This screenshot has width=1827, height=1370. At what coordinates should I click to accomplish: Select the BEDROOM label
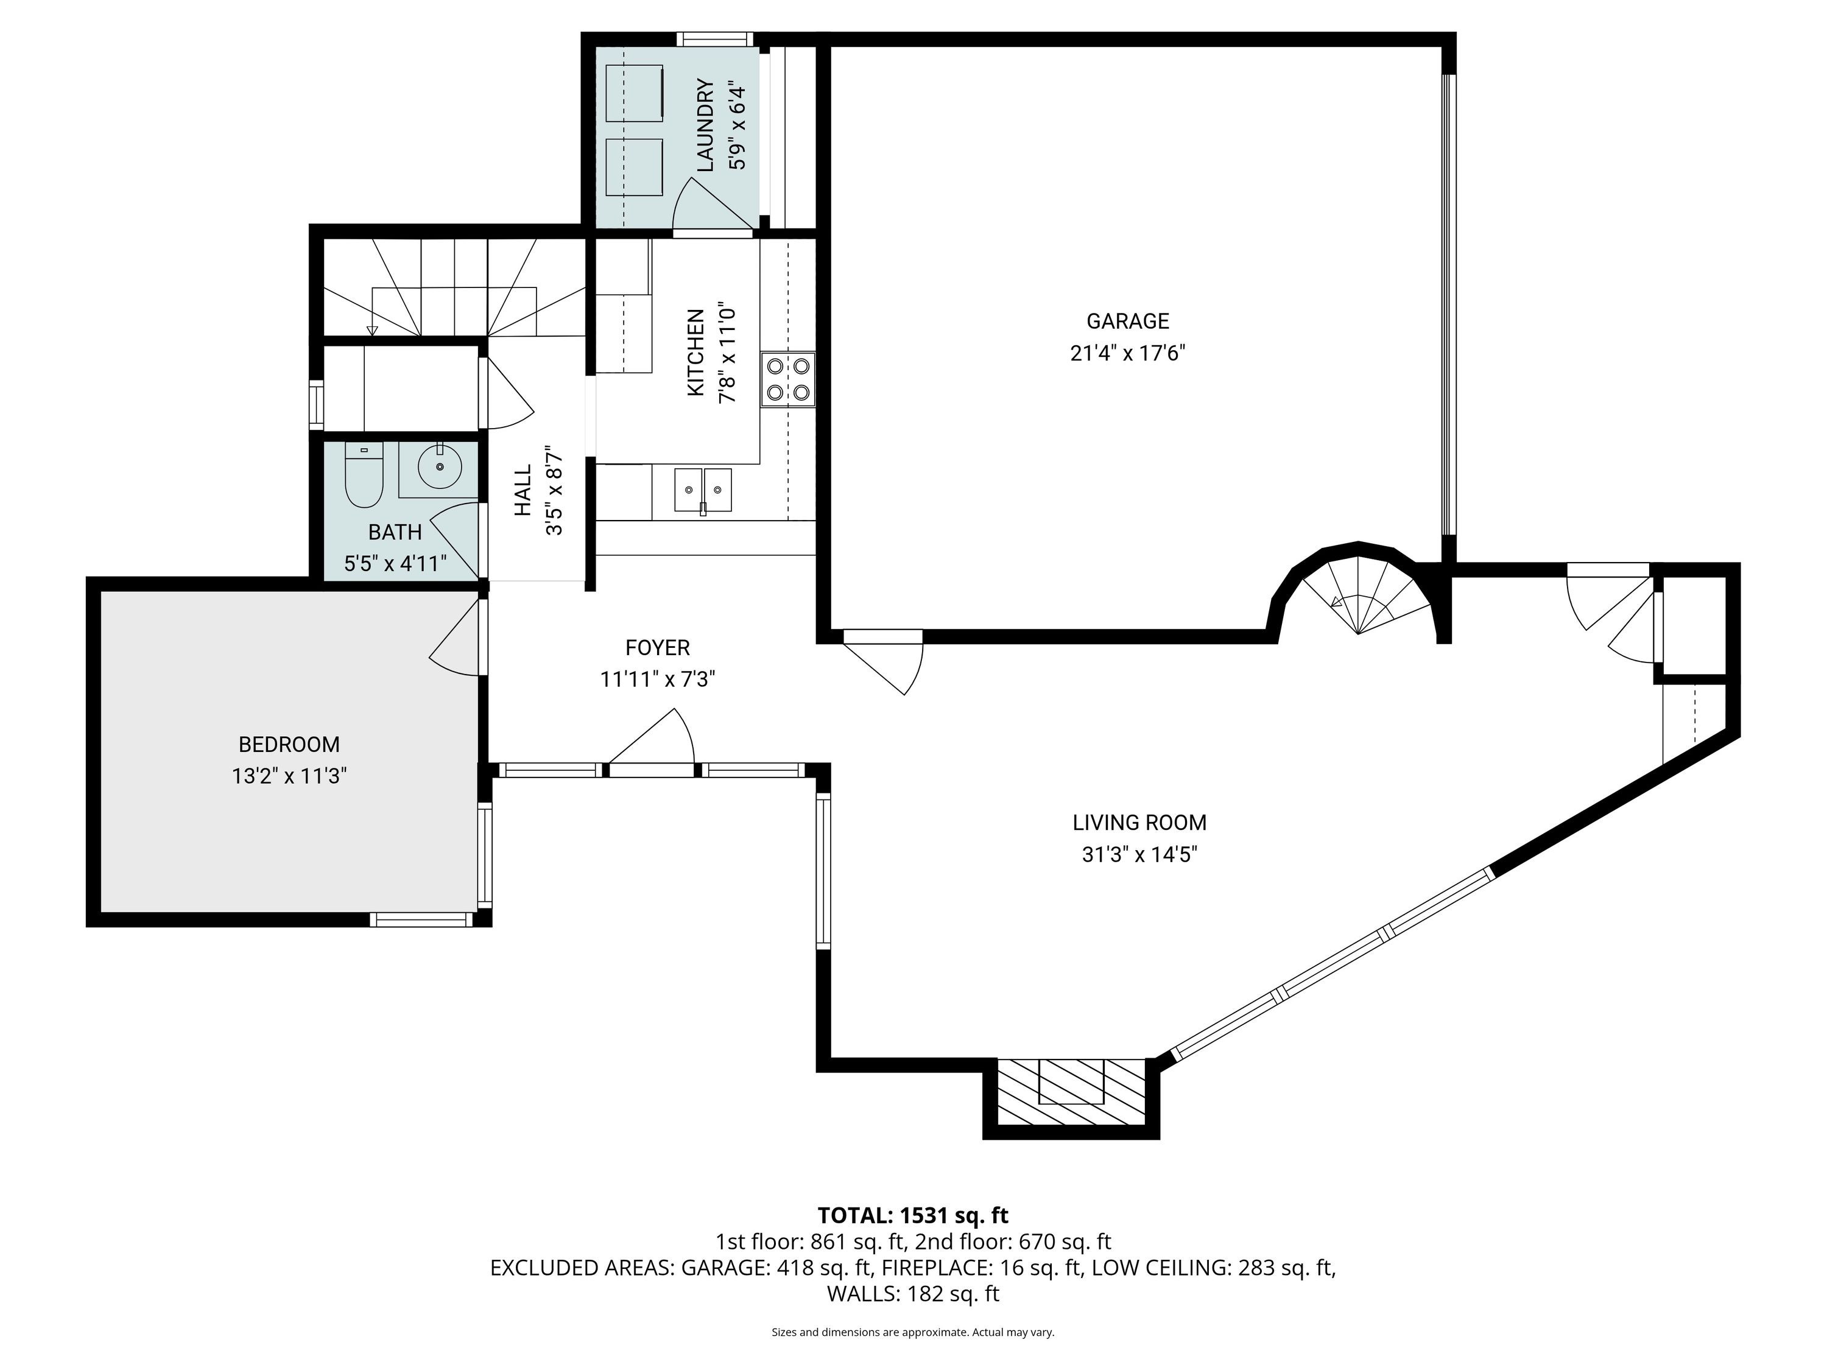(x=289, y=744)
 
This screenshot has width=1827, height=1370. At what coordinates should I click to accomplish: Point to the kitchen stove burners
(x=788, y=379)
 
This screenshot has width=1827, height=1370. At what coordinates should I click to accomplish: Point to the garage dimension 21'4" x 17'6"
(x=1127, y=353)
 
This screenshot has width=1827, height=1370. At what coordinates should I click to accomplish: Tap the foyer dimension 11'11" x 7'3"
(x=658, y=679)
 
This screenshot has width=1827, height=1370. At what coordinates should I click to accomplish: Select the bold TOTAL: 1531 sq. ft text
(x=913, y=1215)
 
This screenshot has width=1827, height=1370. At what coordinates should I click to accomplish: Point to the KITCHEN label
(x=695, y=353)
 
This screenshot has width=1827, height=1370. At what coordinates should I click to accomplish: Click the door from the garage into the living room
(x=882, y=661)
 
